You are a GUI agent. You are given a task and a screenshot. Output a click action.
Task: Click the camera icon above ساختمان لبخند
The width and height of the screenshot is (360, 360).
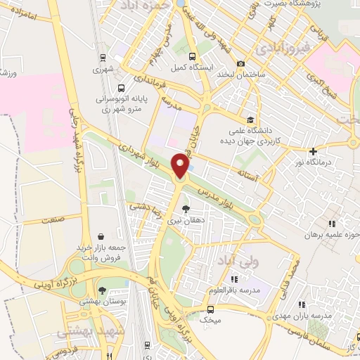pos(241,63)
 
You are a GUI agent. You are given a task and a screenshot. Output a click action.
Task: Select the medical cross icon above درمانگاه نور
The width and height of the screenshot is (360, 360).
pos(314,150)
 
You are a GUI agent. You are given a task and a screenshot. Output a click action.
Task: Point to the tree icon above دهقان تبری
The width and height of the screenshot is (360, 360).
pos(186,209)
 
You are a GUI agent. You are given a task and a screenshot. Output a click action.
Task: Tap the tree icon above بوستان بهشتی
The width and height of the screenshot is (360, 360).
pos(103,290)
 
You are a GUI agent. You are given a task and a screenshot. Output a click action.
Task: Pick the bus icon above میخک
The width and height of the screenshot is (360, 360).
pos(210,309)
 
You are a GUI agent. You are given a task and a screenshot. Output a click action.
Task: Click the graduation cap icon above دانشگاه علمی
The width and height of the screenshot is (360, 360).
pos(250,119)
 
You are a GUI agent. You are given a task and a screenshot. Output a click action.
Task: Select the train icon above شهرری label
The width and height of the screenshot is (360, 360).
pos(103,58)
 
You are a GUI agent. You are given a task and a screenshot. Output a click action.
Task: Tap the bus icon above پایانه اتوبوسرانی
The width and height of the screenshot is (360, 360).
pos(122,89)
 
